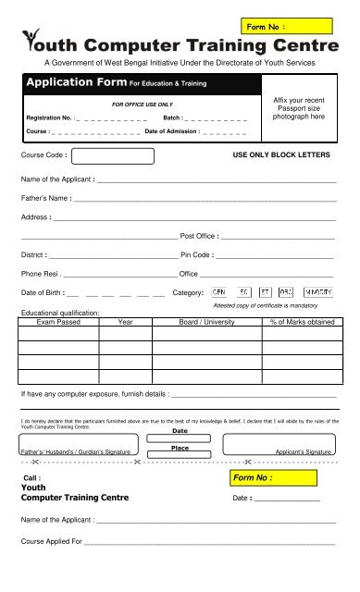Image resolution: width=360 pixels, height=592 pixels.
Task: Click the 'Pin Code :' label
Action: point(198,253)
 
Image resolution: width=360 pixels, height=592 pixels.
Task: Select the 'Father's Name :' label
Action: point(46,198)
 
